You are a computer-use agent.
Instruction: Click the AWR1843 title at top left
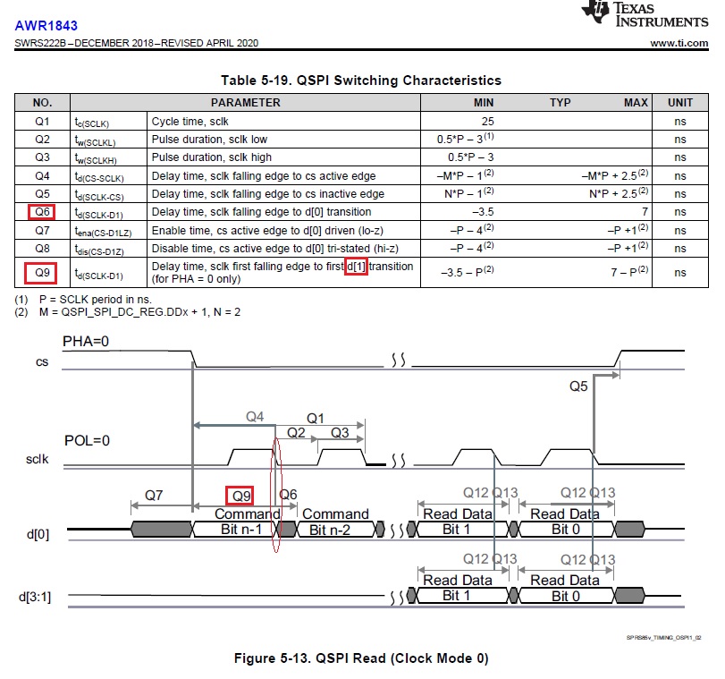[x=46, y=25]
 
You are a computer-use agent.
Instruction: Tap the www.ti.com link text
[x=679, y=43]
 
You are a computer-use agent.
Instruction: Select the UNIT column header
[x=680, y=102]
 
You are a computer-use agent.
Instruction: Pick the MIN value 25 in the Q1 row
[x=487, y=122]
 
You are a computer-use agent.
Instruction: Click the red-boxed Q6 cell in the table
[x=42, y=212]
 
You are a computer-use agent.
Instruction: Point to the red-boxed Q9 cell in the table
[x=41, y=273]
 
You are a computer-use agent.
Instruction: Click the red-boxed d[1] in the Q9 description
[x=356, y=267]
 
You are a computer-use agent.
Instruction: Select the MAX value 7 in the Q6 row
[x=645, y=212]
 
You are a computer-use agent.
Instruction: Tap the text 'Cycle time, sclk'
[x=190, y=122]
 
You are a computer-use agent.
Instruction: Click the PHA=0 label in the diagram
[x=86, y=342]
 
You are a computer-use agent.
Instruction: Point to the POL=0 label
[x=87, y=440]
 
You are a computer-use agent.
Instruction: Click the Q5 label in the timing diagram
[x=578, y=386]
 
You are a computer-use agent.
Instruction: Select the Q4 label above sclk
[x=255, y=417]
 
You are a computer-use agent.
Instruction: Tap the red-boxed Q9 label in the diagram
[x=240, y=496]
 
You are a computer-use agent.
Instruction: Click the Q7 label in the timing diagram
[x=154, y=496]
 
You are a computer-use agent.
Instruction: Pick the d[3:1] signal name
[x=35, y=597]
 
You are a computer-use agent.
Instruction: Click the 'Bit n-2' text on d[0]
[x=329, y=530]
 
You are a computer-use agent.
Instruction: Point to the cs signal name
[x=42, y=362]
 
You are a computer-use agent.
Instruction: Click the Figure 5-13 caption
[x=361, y=658]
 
